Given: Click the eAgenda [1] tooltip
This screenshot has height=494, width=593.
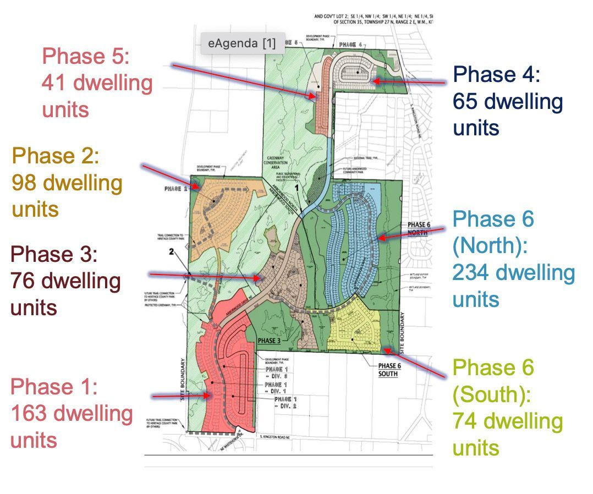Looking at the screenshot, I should click(x=243, y=43).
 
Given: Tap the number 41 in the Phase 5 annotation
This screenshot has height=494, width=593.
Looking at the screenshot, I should click(x=54, y=83).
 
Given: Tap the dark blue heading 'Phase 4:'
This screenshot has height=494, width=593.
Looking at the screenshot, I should click(x=496, y=74).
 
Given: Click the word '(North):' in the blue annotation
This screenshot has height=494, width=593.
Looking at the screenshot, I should click(x=490, y=246).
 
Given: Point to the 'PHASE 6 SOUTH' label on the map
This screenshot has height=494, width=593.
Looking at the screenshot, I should click(x=388, y=369).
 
